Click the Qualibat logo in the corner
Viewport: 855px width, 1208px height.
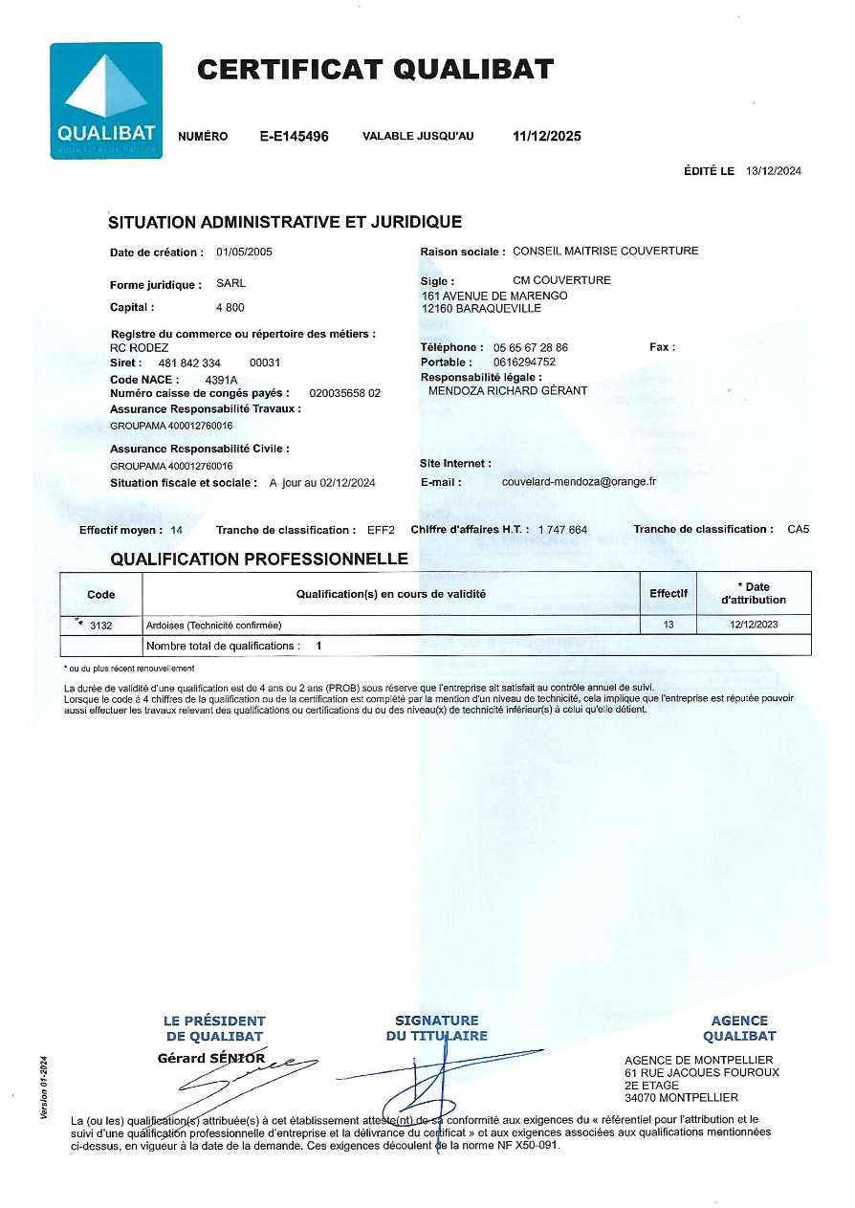pyautogui.click(x=106, y=100)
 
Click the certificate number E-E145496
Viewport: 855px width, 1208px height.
pyautogui.click(x=294, y=137)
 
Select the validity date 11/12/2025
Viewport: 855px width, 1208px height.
pyautogui.click(x=546, y=137)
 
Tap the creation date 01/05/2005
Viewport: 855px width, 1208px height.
pyautogui.click(x=244, y=252)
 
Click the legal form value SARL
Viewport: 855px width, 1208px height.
pyautogui.click(x=230, y=284)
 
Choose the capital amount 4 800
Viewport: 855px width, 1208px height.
pyautogui.click(x=230, y=307)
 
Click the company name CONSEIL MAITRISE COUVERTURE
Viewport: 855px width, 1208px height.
pyautogui.click(x=605, y=252)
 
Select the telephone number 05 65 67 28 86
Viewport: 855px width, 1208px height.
pyautogui.click(x=530, y=347)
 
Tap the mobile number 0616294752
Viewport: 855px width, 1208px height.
pyautogui.click(x=524, y=362)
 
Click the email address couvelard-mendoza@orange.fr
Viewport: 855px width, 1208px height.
pyautogui.click(x=579, y=482)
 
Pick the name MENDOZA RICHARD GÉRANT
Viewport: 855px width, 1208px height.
pyautogui.click(x=508, y=391)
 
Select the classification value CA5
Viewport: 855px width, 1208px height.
pyautogui.click(x=798, y=529)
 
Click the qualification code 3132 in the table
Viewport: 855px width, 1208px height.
pyautogui.click(x=100, y=625)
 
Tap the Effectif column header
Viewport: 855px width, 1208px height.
pyautogui.click(x=669, y=594)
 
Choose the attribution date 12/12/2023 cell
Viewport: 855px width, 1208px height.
pyautogui.click(x=754, y=625)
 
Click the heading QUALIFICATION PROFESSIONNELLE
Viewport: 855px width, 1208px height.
pyautogui.click(x=259, y=559)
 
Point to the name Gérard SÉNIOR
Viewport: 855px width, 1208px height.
pyautogui.click(x=210, y=1058)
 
